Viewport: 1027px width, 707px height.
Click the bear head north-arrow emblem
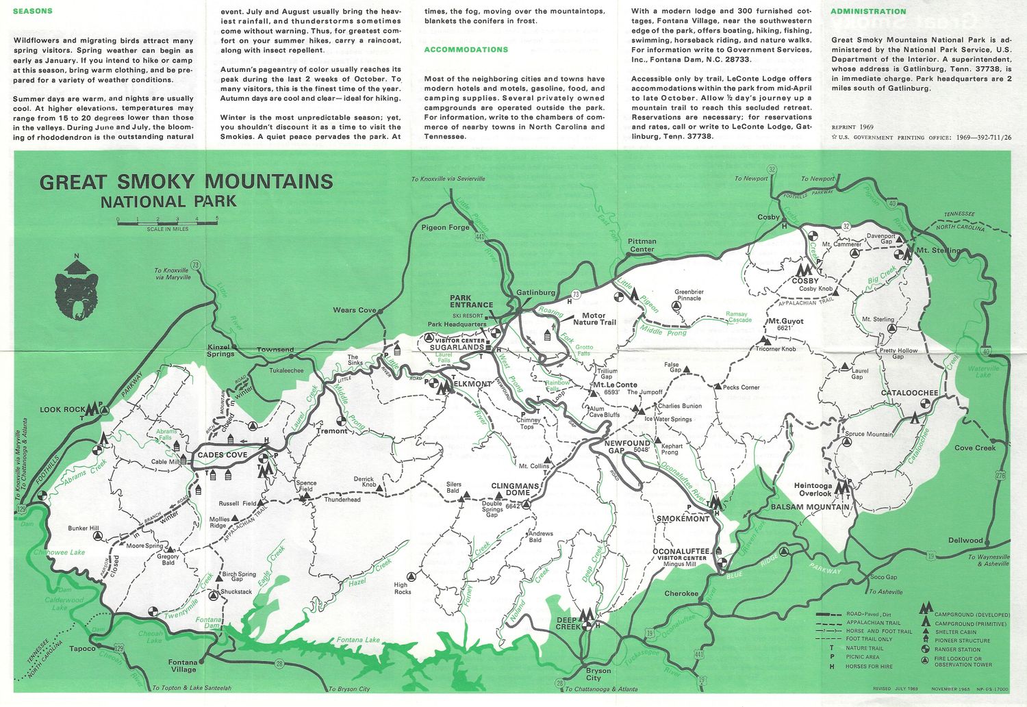click(x=76, y=288)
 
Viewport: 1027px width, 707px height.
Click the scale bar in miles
click(x=167, y=221)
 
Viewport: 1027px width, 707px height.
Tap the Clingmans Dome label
click(x=515, y=489)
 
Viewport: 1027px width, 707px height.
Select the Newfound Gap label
click(x=627, y=446)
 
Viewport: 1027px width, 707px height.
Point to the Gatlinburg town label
click(x=535, y=293)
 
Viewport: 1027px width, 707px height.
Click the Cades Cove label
click(x=223, y=455)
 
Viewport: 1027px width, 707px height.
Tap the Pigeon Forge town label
click(x=445, y=228)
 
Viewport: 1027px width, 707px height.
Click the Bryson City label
click(x=598, y=674)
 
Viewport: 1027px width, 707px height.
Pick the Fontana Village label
click(x=183, y=666)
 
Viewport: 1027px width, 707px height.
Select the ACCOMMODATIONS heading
click(x=466, y=50)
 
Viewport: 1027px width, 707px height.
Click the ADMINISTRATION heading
click(x=867, y=12)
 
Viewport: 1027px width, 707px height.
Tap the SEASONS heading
click(x=33, y=12)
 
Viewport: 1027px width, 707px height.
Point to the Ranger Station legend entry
click(x=956, y=650)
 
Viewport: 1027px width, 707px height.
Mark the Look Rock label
click(x=62, y=410)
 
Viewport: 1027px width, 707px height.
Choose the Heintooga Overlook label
click(x=813, y=489)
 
